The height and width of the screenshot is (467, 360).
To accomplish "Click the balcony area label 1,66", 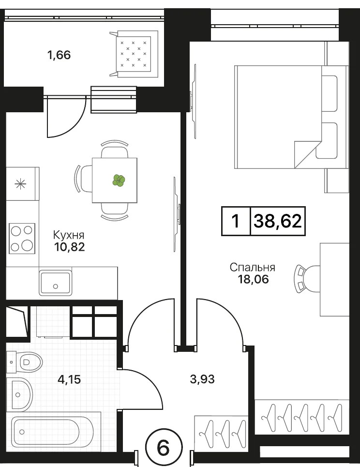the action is (59, 55).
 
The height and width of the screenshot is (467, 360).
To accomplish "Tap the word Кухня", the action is (69, 235).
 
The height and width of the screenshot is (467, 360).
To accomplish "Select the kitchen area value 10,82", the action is (69, 247).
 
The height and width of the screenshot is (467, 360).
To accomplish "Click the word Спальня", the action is (252, 267).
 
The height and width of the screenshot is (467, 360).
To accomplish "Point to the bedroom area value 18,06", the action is (253, 279).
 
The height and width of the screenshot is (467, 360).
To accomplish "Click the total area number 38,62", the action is (278, 221).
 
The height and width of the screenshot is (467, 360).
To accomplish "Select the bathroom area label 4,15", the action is (69, 380).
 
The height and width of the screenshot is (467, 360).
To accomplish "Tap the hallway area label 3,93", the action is (202, 379).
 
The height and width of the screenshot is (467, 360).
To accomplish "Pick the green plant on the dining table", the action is (119, 180).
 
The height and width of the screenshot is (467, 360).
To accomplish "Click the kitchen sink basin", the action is (55, 283).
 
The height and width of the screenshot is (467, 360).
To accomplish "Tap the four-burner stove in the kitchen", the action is (22, 238).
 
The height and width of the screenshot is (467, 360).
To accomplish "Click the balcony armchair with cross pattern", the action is (134, 54).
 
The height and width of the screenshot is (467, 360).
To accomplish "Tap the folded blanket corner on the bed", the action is (307, 154).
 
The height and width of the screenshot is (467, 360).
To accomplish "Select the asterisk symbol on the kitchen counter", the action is (20, 184).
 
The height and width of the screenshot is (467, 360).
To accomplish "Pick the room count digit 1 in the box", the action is (236, 222).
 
